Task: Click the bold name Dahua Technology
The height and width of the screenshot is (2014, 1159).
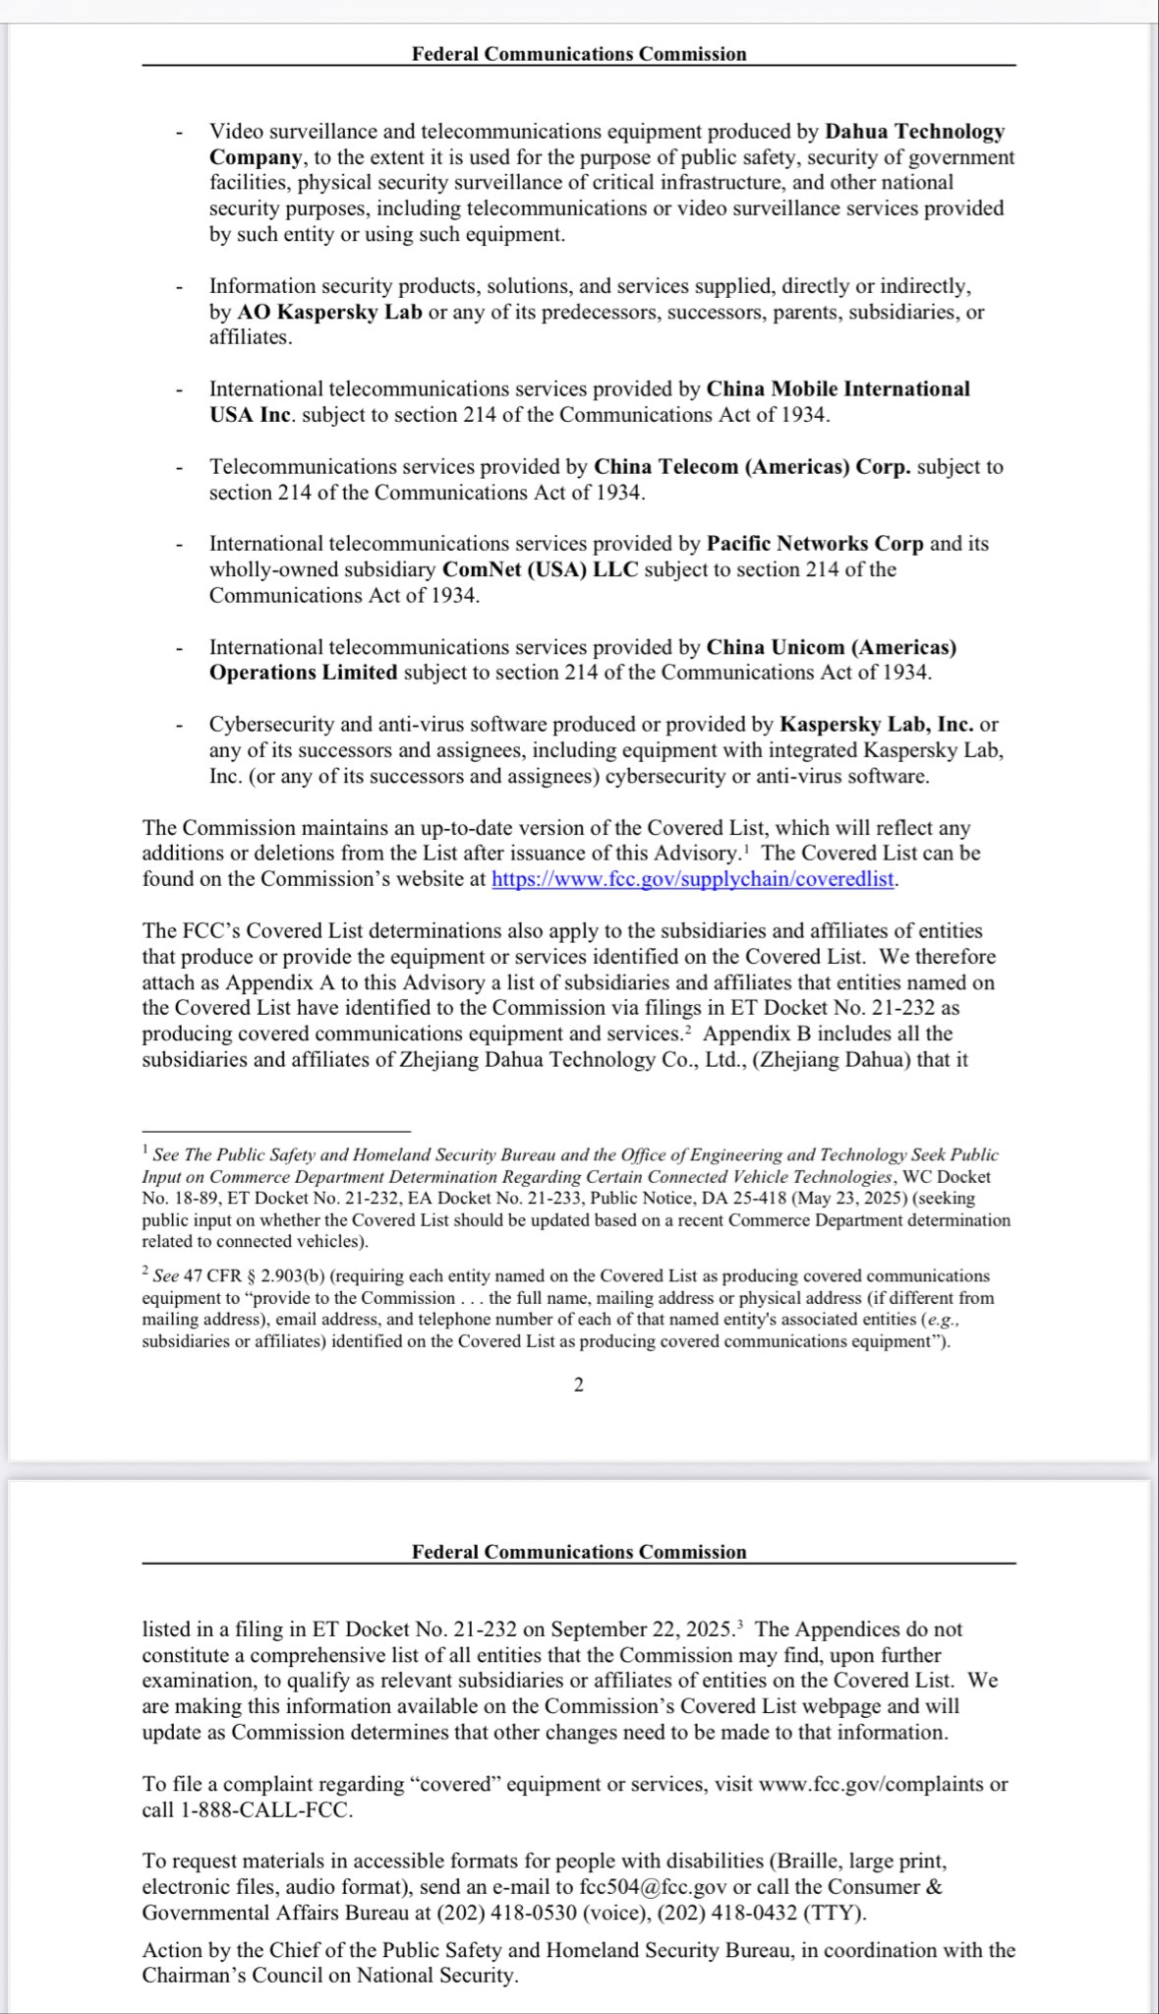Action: pos(914,132)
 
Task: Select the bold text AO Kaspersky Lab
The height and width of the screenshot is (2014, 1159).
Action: pos(329,312)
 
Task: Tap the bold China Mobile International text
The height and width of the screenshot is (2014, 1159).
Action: pos(838,388)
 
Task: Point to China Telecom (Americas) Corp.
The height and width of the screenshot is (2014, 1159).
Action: pos(752,466)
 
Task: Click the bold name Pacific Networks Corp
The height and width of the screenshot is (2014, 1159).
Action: pos(815,543)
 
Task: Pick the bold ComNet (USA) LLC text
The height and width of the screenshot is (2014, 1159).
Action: pos(542,569)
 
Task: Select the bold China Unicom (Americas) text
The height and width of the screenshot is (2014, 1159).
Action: pos(831,647)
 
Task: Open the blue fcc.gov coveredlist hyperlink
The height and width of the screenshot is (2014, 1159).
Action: pos(693,879)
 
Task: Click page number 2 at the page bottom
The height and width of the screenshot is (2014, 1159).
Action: pos(578,1385)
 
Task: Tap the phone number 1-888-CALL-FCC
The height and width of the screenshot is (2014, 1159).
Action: pos(266,1810)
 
